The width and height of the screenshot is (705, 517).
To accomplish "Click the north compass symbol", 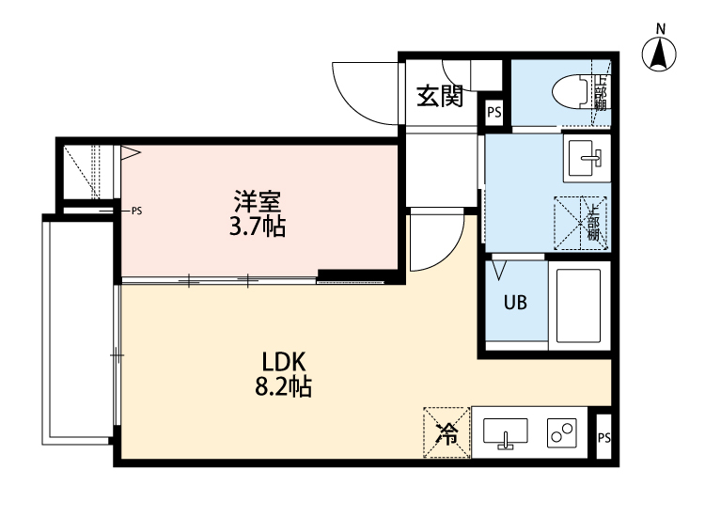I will pos(661,55).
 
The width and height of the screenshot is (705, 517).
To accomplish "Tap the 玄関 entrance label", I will pos(440,96).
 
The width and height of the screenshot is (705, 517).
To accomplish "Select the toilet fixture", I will pos(569,91).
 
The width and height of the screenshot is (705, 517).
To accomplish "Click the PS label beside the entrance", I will pos(494,113).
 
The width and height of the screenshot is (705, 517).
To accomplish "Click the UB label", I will pos(514,304).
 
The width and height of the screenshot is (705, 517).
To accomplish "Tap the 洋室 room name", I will pos(258,200).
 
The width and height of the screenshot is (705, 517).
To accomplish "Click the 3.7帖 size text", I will pos(259,227).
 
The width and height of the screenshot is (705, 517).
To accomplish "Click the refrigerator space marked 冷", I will pos(446,432).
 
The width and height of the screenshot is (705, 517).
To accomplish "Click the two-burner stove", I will pos(562,432).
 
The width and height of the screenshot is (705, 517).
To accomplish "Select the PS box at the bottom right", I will pos(603,438).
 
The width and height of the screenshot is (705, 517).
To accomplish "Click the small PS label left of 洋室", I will pos(137,211).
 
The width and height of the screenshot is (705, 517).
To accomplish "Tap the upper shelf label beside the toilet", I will pos(601,93).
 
